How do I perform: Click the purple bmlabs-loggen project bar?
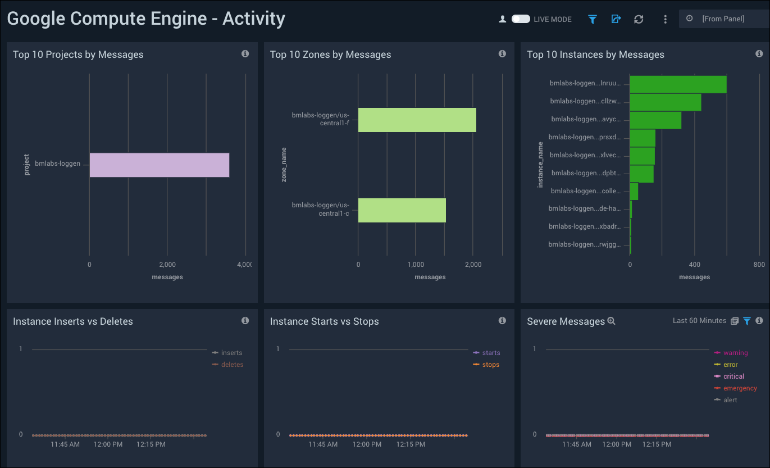[159, 165]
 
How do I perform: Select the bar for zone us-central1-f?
[417, 120]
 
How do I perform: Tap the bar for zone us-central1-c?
[402, 210]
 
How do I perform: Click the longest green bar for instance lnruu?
[677, 84]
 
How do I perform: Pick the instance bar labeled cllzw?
[665, 102]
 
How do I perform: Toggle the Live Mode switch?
[521, 19]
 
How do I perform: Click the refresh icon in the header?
[639, 19]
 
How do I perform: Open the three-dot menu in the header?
[665, 19]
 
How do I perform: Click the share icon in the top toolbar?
[616, 19]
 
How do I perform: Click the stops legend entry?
[490, 365]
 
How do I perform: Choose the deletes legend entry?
[232, 365]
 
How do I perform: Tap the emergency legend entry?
[740, 388]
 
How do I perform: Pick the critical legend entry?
[733, 376]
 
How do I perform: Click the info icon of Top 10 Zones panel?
[502, 54]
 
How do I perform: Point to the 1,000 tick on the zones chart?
[416, 265]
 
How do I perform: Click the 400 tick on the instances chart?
[695, 265]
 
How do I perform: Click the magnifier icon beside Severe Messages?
[612, 321]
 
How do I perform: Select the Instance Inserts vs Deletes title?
[73, 321]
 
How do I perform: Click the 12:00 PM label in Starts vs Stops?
[367, 444]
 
